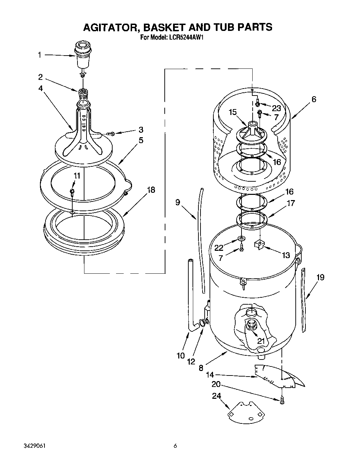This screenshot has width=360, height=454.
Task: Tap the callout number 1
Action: pyautogui.click(x=40, y=55)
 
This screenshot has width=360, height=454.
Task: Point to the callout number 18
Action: pyautogui.click(x=150, y=190)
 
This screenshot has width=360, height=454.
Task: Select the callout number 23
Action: pyautogui.click(x=276, y=108)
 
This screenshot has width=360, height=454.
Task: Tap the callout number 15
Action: pyautogui.click(x=232, y=112)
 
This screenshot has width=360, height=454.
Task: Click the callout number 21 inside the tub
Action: pyautogui.click(x=261, y=340)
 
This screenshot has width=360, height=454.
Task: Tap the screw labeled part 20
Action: pyautogui.click(x=282, y=400)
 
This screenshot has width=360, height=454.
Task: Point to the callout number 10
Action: pyautogui.click(x=181, y=355)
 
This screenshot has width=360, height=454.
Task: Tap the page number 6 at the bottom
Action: pyautogui.click(x=176, y=446)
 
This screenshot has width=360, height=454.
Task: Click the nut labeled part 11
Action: pyautogui.click(x=72, y=191)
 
